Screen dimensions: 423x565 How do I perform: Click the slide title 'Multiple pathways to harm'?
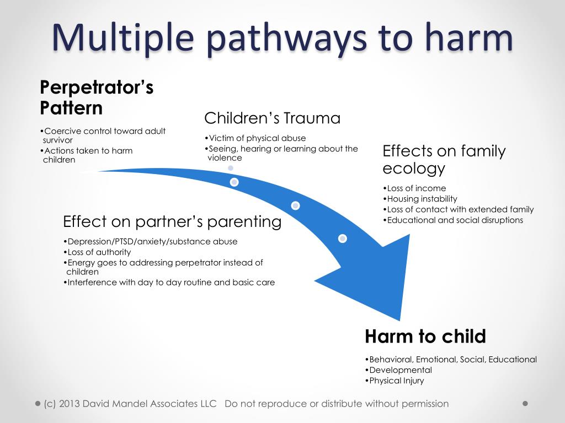click(x=282, y=37)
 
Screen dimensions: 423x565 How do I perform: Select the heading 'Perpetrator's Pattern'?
click(x=97, y=97)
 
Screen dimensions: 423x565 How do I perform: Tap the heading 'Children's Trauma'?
click(x=272, y=118)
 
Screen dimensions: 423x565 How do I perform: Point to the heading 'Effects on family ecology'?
click(x=444, y=159)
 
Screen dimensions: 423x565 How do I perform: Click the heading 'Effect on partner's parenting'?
click(x=172, y=222)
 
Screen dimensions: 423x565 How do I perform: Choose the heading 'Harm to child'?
click(x=425, y=336)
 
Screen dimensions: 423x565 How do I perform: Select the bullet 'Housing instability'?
click(x=422, y=199)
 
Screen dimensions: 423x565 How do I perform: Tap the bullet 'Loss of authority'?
click(x=99, y=252)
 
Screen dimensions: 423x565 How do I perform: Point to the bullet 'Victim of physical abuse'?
click(x=257, y=138)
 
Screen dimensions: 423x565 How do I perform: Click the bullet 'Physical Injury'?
click(x=396, y=381)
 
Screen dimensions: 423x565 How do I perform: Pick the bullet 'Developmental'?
click(x=400, y=370)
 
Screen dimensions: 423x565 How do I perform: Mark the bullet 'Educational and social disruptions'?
click(x=455, y=220)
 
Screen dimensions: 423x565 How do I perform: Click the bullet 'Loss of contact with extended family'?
click(x=460, y=209)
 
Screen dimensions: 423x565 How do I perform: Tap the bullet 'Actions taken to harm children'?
click(x=88, y=155)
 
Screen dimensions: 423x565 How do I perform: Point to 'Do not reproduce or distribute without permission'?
click(x=337, y=404)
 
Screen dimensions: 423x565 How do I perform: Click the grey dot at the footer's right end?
click(x=525, y=403)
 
